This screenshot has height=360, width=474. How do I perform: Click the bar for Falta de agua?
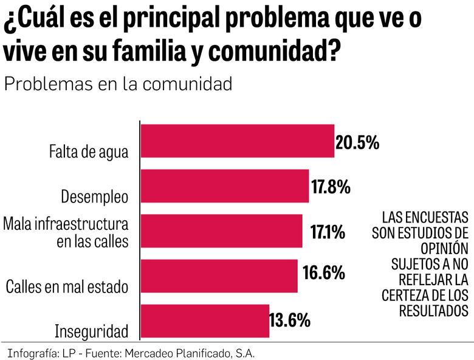coord(238,141)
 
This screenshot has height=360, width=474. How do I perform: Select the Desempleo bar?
coord(225,186)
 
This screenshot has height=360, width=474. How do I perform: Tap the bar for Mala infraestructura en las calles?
coord(222,231)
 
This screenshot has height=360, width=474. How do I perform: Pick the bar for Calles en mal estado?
coord(219,276)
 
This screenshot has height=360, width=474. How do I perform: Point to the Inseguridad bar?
coord(205,321)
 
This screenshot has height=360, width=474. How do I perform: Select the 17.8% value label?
coord(331,187)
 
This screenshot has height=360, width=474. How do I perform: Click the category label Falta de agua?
coord(89,152)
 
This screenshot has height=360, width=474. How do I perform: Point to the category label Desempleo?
coord(95,197)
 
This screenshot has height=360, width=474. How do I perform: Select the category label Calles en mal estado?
coord(67,286)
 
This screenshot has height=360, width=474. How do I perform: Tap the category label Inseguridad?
coord(92,332)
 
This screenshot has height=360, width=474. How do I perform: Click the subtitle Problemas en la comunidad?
coord(118,84)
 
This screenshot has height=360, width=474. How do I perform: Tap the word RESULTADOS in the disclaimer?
coord(433,311)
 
